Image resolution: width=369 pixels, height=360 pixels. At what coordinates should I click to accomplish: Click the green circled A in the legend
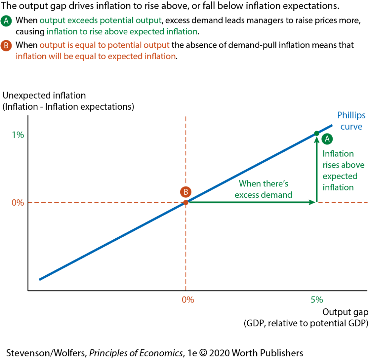(x=6, y=21)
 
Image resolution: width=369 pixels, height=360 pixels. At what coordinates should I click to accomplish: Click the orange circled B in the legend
(x=6, y=45)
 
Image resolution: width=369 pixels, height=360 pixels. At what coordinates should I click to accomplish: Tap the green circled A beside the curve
(x=327, y=139)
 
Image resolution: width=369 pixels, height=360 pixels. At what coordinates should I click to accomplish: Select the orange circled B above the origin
(x=186, y=192)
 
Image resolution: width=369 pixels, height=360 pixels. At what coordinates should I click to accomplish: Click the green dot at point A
(x=316, y=133)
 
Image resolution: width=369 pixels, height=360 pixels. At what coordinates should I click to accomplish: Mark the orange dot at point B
(x=186, y=202)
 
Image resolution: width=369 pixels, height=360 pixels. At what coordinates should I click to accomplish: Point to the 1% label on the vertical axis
(x=18, y=135)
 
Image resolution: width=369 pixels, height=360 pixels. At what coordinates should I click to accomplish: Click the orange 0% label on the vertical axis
(x=18, y=203)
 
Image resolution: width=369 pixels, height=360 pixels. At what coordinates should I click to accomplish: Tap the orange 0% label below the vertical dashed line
(x=188, y=300)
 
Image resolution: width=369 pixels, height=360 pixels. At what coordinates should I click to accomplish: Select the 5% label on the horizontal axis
(x=316, y=300)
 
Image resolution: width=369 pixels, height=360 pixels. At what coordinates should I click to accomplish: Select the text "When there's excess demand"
(x=264, y=189)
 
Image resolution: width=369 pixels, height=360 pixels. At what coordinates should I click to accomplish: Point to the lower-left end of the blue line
(x=40, y=279)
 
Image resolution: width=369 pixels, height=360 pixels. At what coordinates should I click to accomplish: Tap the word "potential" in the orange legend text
(x=127, y=45)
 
